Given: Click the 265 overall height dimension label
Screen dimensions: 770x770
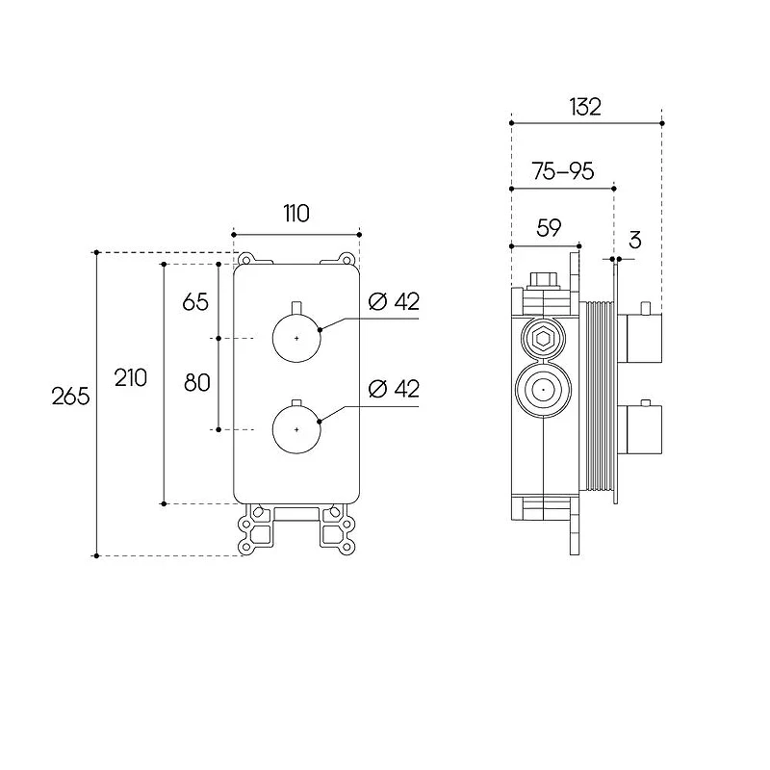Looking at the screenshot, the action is pyautogui.click(x=70, y=396).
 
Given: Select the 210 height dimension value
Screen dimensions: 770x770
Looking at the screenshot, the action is pyautogui.click(x=131, y=377).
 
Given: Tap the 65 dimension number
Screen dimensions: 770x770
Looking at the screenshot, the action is pyautogui.click(x=195, y=301).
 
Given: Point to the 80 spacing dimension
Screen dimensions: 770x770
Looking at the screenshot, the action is pyautogui.click(x=197, y=382).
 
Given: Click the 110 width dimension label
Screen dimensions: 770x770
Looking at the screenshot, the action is pyautogui.click(x=296, y=214).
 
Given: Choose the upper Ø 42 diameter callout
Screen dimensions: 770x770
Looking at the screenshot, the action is pyautogui.click(x=394, y=301).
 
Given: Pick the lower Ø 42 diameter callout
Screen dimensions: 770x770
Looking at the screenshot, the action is pyautogui.click(x=394, y=389).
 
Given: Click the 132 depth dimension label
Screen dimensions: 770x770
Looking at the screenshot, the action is pyautogui.click(x=585, y=107).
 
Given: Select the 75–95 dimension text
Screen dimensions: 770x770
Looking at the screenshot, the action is pyautogui.click(x=563, y=171).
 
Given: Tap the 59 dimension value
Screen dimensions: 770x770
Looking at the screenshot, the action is pyautogui.click(x=549, y=228).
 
